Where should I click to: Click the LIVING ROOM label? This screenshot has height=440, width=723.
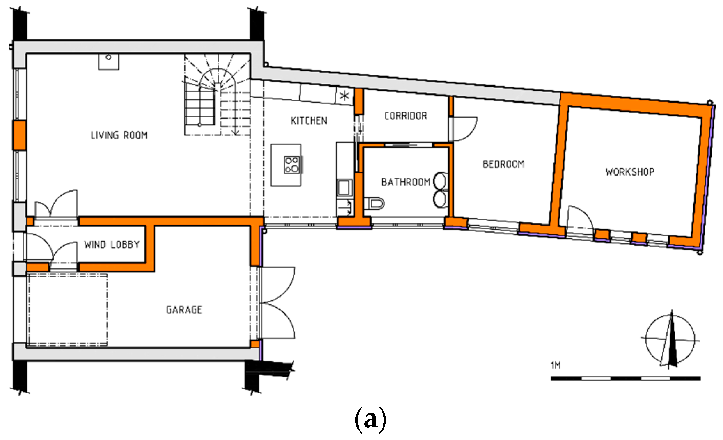pos(119,135)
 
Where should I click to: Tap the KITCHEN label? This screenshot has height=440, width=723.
pos(309,121)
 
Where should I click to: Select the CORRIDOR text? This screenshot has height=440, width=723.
pos(406,116)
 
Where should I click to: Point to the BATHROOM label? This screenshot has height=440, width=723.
pos(406,182)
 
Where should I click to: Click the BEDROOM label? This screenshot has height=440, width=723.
pos(503,164)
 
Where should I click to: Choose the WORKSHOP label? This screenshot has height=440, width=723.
pos(630,172)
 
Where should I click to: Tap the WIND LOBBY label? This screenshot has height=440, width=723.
pos(112,245)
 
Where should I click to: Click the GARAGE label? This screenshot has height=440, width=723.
pos(184,310)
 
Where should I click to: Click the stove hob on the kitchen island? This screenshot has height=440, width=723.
pos(292,165)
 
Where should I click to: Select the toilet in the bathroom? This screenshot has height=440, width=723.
pos(374,203)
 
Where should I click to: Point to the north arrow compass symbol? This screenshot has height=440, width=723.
pos(670,339)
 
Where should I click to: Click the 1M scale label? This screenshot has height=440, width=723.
pos(556,365)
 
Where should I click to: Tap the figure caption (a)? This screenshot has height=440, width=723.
pos(370,419)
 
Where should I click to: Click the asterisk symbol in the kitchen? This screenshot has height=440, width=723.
pos(345,96)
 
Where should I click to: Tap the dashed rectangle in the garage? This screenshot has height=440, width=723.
pos(67,310)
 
